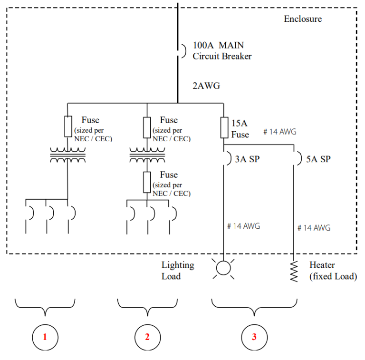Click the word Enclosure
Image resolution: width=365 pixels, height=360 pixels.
point(302,19)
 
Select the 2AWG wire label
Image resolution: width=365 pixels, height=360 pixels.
point(206,86)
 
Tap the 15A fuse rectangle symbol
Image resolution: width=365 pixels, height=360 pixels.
point(224,127)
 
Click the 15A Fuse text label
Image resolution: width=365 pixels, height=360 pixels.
point(240,129)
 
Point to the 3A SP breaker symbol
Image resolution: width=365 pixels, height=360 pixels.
point(225,158)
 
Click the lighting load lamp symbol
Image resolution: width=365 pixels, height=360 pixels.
point(223,269)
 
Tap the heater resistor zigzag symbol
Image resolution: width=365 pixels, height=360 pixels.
point(294,271)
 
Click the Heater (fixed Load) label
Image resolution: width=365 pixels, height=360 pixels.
point(333,271)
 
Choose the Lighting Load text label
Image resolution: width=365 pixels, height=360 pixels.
point(177,271)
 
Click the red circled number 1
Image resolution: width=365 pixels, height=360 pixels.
point(45,337)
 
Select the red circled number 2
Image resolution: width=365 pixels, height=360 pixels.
point(147,337)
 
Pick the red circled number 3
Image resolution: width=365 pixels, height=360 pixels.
point(254,337)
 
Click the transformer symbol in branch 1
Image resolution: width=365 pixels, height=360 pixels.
point(67,155)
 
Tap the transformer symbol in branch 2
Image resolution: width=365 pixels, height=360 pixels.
point(147,155)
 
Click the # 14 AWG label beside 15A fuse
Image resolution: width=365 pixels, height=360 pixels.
point(279,132)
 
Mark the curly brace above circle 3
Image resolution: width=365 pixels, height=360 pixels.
point(254,307)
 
